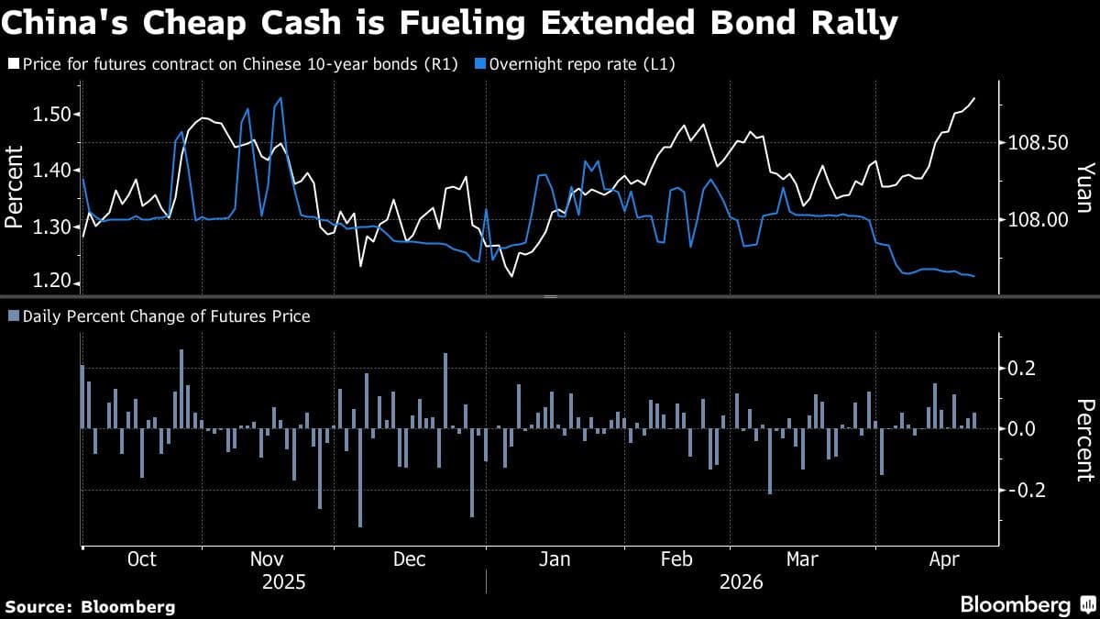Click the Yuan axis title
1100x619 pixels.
pos(1084,188)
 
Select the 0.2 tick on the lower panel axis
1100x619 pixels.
pos(1023,369)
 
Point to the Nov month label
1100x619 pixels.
pos(267,560)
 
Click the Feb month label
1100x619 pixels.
pos(676,560)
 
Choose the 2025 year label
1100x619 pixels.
pos(284,582)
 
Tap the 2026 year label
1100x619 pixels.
pos(741,582)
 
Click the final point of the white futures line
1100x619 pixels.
pos(973,98)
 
